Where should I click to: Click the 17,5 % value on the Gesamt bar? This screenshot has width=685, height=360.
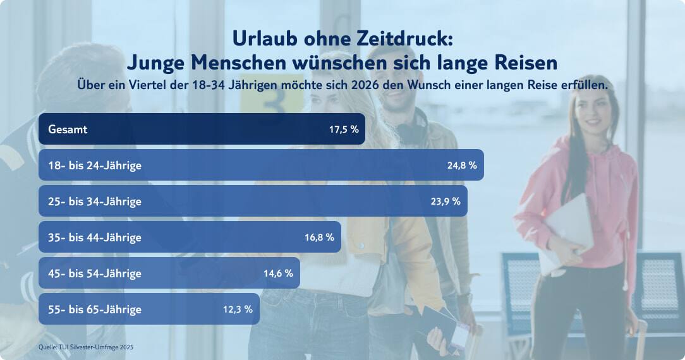point(344,129)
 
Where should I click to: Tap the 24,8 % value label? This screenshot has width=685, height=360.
point(462,165)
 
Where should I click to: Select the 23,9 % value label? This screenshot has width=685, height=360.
point(446,201)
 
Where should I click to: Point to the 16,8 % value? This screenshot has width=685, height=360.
point(319,237)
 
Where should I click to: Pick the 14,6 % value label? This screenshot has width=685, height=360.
point(278,273)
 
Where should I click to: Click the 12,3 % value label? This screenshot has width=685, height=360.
point(238,309)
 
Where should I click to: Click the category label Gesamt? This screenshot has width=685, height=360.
point(68,129)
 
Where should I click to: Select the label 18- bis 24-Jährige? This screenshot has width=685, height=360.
point(95,165)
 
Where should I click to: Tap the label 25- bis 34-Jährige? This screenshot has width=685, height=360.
point(95,201)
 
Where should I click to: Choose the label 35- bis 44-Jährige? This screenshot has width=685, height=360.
point(95,237)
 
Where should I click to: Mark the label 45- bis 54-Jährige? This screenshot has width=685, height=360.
point(95,273)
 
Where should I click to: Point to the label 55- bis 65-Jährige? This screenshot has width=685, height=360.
point(95,309)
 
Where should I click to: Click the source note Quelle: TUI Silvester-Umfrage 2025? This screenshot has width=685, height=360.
point(86,347)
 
